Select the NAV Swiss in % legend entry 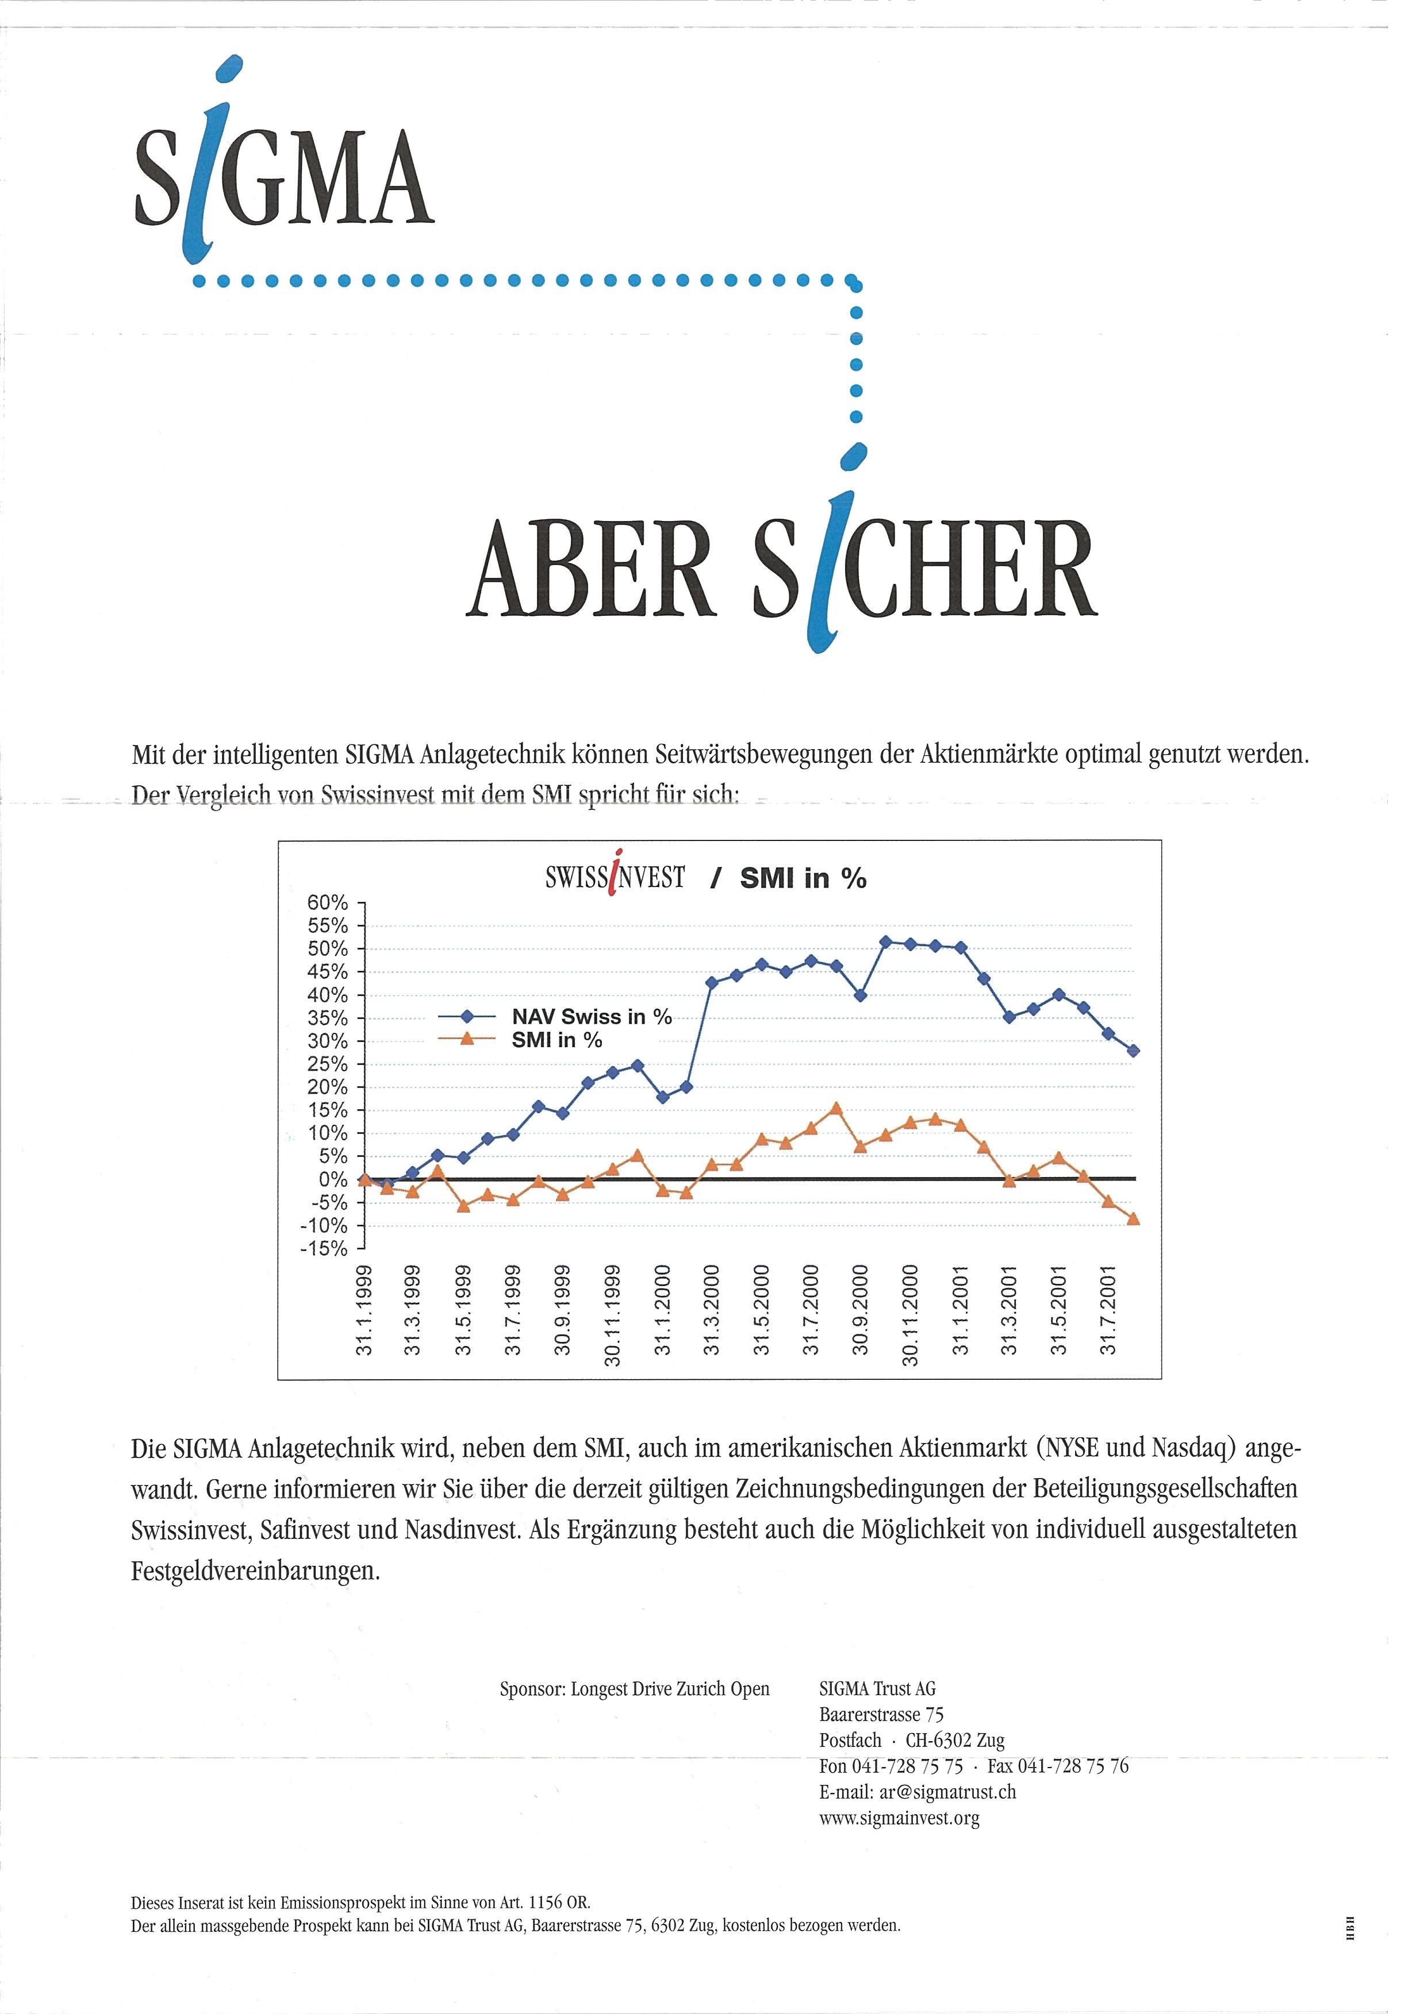[x=590, y=1017]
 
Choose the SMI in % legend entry [x=556, y=1040]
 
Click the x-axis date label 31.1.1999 [x=365, y=1310]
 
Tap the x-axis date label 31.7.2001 [x=1110, y=1310]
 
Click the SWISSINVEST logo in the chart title [x=615, y=877]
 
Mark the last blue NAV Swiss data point [x=1133, y=1051]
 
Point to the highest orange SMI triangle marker [x=835, y=1109]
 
